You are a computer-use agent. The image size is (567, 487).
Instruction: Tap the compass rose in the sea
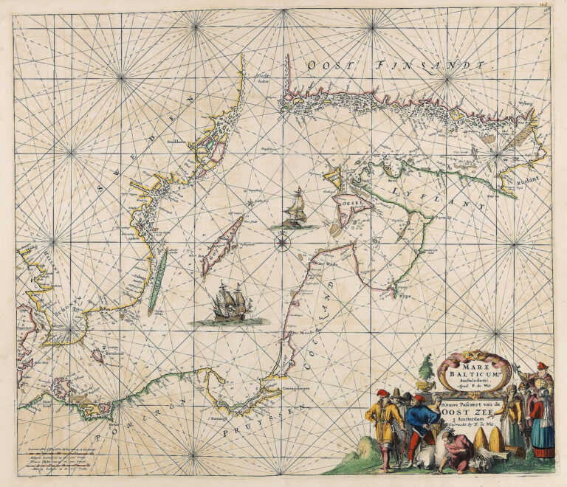283,240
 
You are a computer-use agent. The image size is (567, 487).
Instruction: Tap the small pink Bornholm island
97,355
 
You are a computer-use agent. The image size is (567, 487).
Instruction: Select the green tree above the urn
426,369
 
